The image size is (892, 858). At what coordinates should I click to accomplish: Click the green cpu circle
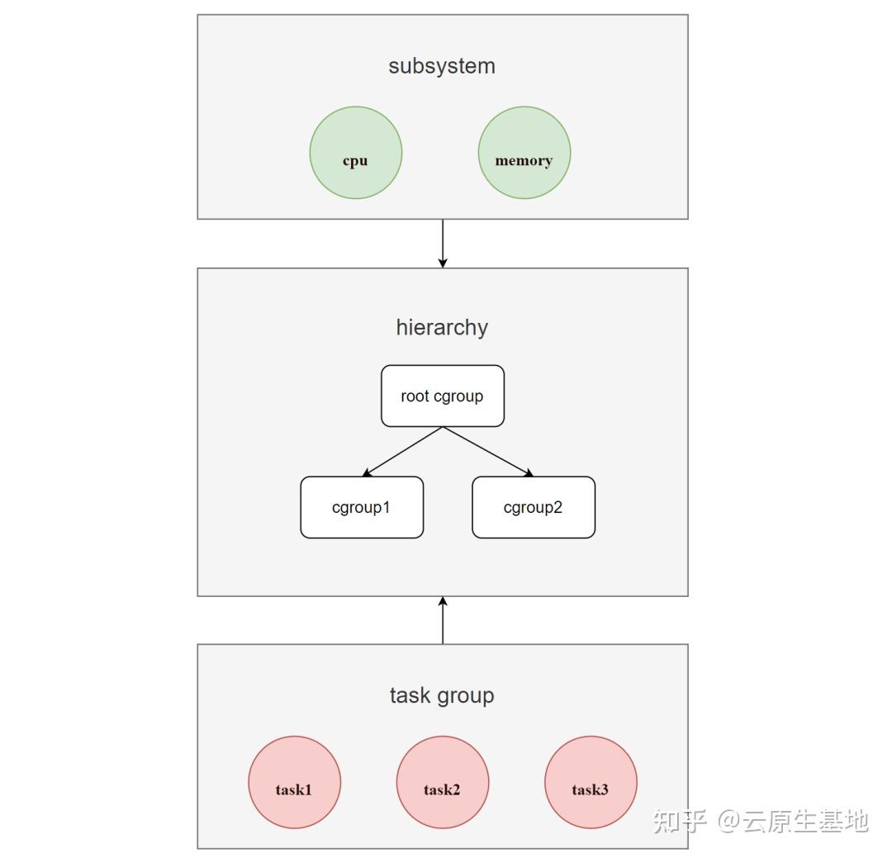point(355,153)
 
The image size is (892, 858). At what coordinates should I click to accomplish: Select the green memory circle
point(524,153)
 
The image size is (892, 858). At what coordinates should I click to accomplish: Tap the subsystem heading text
point(442,66)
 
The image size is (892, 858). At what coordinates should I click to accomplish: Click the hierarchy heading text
point(442,327)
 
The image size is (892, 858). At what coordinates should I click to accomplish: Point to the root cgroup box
point(442,396)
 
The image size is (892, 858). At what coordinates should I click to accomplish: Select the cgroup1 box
point(362,507)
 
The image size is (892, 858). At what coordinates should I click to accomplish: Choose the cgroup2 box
point(533,507)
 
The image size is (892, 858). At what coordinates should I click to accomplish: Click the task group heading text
point(442,695)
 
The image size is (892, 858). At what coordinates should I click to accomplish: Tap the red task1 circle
point(294,782)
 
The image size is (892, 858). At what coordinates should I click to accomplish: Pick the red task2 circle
point(442,782)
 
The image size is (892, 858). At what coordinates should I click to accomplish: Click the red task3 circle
point(590,782)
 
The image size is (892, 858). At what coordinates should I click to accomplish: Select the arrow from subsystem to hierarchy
point(443,243)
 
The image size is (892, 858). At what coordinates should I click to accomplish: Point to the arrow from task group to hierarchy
point(443,620)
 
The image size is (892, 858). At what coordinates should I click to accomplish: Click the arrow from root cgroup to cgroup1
point(403,452)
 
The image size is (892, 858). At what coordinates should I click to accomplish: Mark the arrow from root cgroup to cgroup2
point(488,452)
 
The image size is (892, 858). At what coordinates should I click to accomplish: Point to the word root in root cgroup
point(415,396)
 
